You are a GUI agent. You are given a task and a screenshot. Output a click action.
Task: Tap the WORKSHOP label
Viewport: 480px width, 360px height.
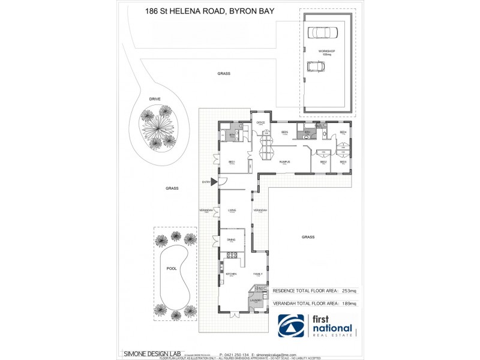pyautogui.click(x=326, y=52)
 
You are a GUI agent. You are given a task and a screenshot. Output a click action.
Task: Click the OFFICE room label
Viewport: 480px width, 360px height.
pyautogui.click(x=261, y=122)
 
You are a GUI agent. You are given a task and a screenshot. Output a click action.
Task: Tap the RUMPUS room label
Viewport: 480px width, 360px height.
pyautogui.click(x=285, y=161)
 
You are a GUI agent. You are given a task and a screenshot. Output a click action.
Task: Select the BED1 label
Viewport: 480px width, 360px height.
pyautogui.click(x=231, y=161)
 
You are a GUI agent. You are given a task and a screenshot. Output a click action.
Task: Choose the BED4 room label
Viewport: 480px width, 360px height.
pyautogui.click(x=343, y=132)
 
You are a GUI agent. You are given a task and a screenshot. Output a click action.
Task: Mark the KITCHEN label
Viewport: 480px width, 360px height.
pyautogui.click(x=232, y=274)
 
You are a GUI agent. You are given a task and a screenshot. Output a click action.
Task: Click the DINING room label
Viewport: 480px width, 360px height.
pyautogui.click(x=231, y=239)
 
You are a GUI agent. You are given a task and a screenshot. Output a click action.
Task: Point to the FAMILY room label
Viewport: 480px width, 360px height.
pyautogui.click(x=258, y=274)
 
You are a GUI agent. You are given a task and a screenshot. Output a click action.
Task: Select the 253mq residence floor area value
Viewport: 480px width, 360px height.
pyautogui.click(x=349, y=290)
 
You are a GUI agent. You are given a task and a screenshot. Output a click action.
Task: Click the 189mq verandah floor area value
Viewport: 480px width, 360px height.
pyautogui.click(x=349, y=304)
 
